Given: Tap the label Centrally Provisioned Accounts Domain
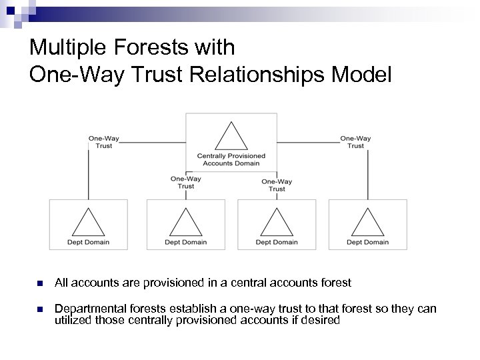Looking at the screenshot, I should tap(231, 159).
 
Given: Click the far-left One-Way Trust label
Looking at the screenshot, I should tap(104, 142).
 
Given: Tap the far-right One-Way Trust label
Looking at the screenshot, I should tap(355, 142).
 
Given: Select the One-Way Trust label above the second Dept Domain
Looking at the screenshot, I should tap(186, 182).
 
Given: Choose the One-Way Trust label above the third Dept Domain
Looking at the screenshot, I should tap(277, 185).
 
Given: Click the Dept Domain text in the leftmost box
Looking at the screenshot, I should tap(88, 242).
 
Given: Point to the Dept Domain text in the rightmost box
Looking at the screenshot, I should tap(367, 242).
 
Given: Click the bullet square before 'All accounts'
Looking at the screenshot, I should tap(40, 283).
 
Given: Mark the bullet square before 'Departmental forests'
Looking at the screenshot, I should tap(40, 310).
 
